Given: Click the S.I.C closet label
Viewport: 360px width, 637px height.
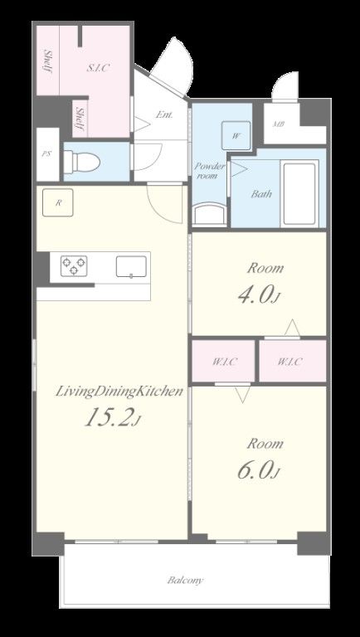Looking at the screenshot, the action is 99,68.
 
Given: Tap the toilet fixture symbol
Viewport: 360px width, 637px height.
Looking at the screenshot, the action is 82,163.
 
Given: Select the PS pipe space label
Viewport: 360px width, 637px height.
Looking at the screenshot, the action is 46,154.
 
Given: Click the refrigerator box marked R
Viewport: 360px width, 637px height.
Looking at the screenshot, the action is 58,202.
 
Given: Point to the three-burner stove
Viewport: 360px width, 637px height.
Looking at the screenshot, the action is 75,265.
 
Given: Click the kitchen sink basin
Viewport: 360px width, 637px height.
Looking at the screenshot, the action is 131,266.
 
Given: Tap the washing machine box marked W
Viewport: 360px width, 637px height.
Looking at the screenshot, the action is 236,136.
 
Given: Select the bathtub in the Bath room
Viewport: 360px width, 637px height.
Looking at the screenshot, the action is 300,194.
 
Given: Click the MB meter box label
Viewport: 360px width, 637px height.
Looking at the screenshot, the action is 279,124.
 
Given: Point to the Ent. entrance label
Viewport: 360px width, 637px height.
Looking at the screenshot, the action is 164,114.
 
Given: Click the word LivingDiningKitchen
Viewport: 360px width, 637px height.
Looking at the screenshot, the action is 119,391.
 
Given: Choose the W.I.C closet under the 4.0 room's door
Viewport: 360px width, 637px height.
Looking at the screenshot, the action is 293,361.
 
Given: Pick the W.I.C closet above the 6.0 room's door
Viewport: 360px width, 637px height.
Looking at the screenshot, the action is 223,361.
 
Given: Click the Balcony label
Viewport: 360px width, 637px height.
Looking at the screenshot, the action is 185,580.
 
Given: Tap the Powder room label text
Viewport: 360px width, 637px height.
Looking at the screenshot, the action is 209,171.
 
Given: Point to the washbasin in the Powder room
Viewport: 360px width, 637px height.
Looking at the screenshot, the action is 209,214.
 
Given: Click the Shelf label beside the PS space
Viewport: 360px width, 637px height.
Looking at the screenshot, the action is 80,119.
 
